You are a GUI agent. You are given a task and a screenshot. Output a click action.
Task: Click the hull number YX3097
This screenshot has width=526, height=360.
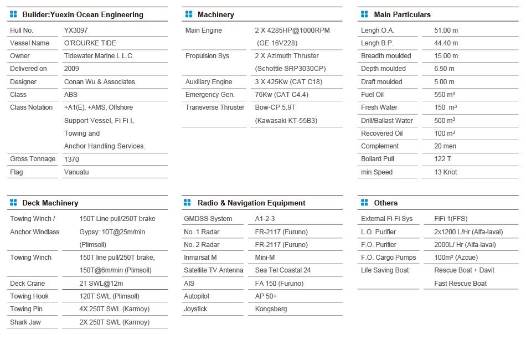[x=76, y=30]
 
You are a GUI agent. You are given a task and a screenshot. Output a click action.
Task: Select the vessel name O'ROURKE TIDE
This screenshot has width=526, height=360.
[x=90, y=43]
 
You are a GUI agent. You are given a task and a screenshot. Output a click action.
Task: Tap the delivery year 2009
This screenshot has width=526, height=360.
[x=71, y=69]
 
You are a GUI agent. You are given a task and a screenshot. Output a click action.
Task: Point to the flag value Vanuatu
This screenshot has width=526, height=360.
[x=76, y=172]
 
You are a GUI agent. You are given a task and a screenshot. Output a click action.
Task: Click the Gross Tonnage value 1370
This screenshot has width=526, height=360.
[x=71, y=160]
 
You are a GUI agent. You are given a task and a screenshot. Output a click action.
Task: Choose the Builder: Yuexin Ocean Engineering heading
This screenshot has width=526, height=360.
[x=82, y=15]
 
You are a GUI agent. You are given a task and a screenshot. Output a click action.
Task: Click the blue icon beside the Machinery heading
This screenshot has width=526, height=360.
[x=189, y=14]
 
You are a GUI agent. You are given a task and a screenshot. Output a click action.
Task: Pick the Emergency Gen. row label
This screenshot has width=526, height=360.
[x=210, y=95]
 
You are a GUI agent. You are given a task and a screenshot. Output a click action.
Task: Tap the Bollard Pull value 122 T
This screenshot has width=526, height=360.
[x=443, y=160]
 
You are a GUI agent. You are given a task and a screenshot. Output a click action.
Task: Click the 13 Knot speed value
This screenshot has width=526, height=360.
[x=446, y=172]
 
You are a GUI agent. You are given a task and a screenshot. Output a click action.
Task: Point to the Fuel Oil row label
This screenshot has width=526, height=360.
[x=372, y=95]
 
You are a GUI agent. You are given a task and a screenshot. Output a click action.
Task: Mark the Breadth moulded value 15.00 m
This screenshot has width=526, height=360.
[x=446, y=56]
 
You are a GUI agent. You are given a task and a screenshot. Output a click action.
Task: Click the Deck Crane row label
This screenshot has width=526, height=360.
[x=28, y=284]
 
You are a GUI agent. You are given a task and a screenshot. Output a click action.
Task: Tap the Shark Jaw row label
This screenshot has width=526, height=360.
[x=25, y=322]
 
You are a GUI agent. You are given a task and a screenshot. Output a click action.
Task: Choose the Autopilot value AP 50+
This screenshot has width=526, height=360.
[x=266, y=296]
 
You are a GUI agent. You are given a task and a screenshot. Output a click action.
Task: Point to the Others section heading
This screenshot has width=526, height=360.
[x=385, y=203]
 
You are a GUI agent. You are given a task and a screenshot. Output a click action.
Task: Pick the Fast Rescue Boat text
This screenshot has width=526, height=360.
[x=460, y=284]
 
